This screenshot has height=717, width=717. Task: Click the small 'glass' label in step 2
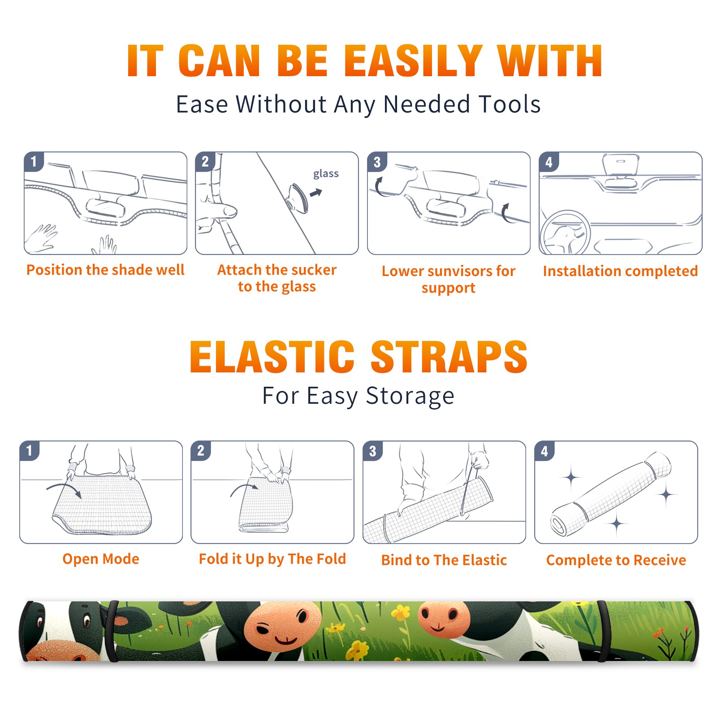point(326,174)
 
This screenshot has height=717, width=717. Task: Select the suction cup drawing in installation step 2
point(298,197)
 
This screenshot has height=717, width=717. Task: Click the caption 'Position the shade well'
point(105,270)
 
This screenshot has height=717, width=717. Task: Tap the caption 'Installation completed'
point(620,271)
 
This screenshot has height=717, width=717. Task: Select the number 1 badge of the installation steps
point(34,161)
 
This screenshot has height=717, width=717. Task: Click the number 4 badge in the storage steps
point(544,451)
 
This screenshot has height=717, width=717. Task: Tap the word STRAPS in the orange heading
point(449,357)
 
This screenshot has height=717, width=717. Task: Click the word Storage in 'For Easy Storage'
point(410,396)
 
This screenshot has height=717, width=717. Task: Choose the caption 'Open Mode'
point(101,559)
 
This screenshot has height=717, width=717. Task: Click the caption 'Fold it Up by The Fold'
point(272,559)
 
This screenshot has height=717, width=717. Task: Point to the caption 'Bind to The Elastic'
point(444,560)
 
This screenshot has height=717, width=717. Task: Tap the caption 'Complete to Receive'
point(616,560)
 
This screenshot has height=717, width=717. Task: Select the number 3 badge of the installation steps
point(377,162)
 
